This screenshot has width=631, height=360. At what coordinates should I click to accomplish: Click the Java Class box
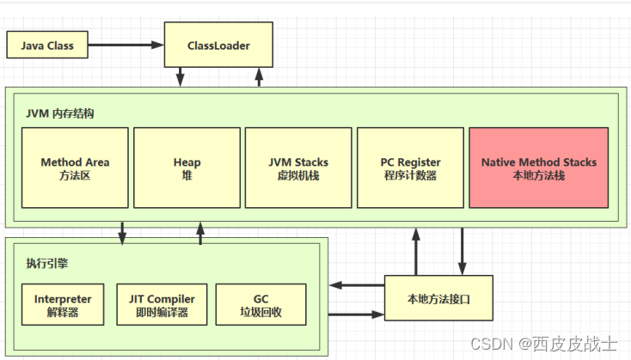[47, 46]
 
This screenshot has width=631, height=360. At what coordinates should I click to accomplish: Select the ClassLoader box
[218, 46]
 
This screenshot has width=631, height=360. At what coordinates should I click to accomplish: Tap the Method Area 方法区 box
[75, 168]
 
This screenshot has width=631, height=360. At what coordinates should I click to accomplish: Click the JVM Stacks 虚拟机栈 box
[298, 168]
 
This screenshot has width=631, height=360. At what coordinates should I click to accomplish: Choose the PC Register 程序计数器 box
[410, 168]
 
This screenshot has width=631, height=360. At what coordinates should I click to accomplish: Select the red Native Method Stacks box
[538, 168]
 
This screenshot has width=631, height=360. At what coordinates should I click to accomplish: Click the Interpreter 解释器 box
[63, 305]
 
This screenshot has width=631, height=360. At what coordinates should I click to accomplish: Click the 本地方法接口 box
[438, 299]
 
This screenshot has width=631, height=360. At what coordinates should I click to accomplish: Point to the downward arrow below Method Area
[122, 233]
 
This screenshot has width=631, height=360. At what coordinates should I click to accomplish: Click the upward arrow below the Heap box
[200, 233]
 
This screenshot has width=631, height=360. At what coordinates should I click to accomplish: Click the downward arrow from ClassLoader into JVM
[181, 77]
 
